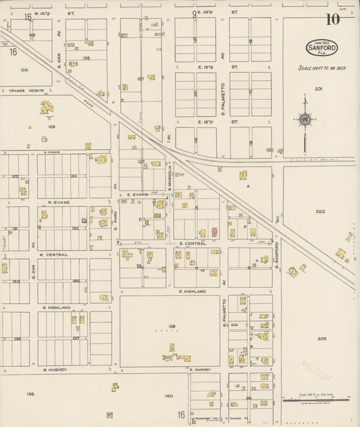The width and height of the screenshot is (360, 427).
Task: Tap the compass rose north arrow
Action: click(x=305, y=119)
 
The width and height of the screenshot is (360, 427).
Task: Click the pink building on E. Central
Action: click(x=214, y=232)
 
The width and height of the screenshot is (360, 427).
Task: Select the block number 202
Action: click(x=320, y=211)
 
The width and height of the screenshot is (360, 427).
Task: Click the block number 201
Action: click(x=318, y=89)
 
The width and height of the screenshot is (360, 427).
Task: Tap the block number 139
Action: click(x=30, y=394)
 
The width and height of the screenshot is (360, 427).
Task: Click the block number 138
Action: click(x=172, y=326)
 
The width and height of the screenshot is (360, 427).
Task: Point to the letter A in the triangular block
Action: click(x=248, y=185)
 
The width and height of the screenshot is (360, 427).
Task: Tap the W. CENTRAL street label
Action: click(x=53, y=255)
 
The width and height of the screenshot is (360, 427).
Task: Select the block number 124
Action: click(x=24, y=70)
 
